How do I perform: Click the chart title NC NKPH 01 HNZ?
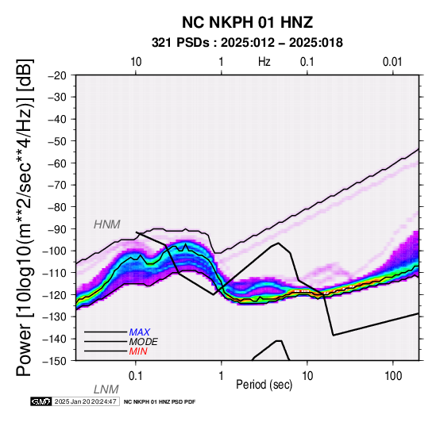click(247, 22)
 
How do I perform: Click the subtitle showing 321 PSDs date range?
click(247, 43)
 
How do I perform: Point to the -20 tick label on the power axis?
click(57, 75)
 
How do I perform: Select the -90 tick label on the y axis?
click(57, 229)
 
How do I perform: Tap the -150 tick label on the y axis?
click(55, 361)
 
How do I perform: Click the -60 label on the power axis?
click(57, 163)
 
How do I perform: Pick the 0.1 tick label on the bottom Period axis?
click(136, 376)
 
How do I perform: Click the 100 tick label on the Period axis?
click(393, 376)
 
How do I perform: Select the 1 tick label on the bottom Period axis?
click(222, 376)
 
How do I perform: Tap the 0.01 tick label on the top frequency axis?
click(392, 62)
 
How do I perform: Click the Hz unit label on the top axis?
click(264, 62)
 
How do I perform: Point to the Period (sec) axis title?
click(264, 385)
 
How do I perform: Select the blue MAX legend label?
click(140, 332)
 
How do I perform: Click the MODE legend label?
click(144, 342)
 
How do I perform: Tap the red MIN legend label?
click(138, 351)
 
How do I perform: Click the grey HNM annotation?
click(107, 224)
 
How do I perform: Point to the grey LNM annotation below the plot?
click(106, 389)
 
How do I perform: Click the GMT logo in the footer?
click(41, 401)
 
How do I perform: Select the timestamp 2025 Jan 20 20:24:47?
click(86, 401)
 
